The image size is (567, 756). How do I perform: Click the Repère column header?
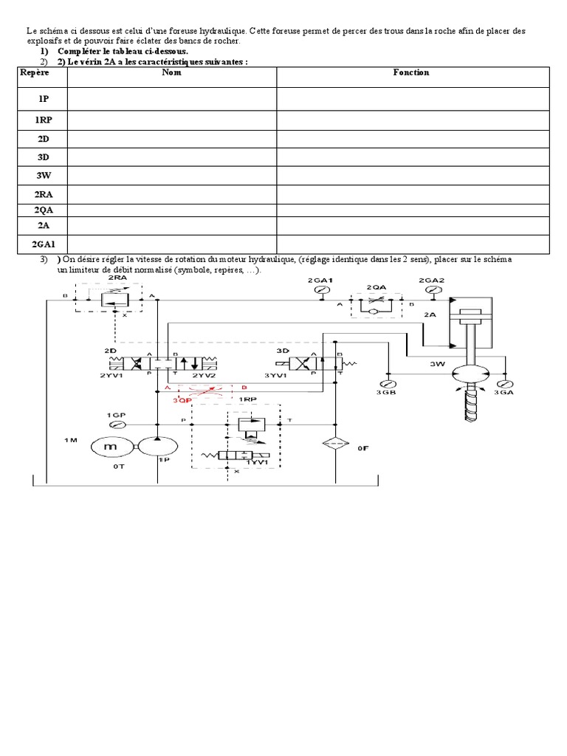click(x=34, y=72)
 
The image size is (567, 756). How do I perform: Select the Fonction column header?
click(x=410, y=72)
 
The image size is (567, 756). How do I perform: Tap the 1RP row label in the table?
click(x=43, y=120)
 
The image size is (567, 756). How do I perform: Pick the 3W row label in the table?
click(x=43, y=176)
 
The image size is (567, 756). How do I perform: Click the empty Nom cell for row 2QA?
click(x=172, y=210)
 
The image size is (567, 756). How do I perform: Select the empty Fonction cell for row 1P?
click(x=413, y=99)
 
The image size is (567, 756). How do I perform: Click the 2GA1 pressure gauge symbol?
click(x=322, y=289)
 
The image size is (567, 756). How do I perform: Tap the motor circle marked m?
click(x=111, y=447)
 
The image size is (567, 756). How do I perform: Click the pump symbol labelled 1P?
click(x=158, y=447)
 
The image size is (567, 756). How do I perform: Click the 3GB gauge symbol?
click(x=387, y=384)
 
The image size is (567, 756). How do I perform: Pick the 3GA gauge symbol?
click(x=505, y=384)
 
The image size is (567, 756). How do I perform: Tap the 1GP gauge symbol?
click(x=117, y=425)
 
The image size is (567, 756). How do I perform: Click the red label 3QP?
click(x=182, y=400)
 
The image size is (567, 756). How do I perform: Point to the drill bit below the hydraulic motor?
click(x=471, y=404)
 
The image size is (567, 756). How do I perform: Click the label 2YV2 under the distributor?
click(x=204, y=376)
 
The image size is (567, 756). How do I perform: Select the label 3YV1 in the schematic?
click(x=276, y=376)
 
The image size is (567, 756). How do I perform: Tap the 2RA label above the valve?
click(x=117, y=278)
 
